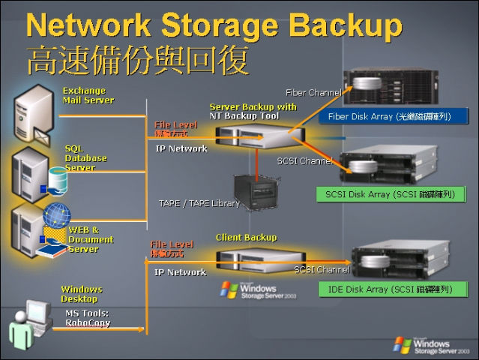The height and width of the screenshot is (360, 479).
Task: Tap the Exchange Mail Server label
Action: coord(88,95)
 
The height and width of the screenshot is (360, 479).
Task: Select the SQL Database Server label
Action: coord(85,158)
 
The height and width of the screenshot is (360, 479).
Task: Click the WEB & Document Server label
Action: coord(91,239)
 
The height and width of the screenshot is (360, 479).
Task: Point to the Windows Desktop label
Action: coord(81,294)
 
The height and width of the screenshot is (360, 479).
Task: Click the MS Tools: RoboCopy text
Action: coord(85,318)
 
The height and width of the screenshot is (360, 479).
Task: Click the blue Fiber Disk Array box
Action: coord(394,117)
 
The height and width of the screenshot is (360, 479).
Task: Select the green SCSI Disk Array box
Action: coord(390,194)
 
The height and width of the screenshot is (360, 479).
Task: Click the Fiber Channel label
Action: coord(313,92)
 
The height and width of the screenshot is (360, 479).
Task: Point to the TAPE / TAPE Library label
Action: coord(199,203)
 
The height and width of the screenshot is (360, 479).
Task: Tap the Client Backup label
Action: coord(246,237)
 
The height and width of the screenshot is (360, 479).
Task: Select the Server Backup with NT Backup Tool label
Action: coord(253,112)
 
